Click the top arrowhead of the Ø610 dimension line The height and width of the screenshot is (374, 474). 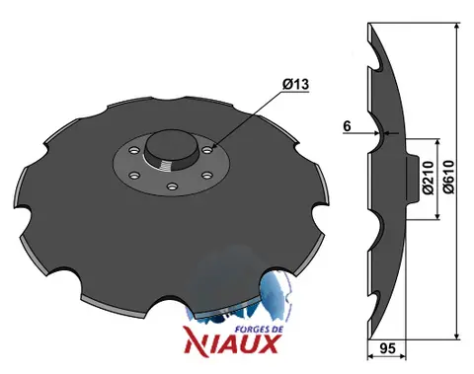457,26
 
